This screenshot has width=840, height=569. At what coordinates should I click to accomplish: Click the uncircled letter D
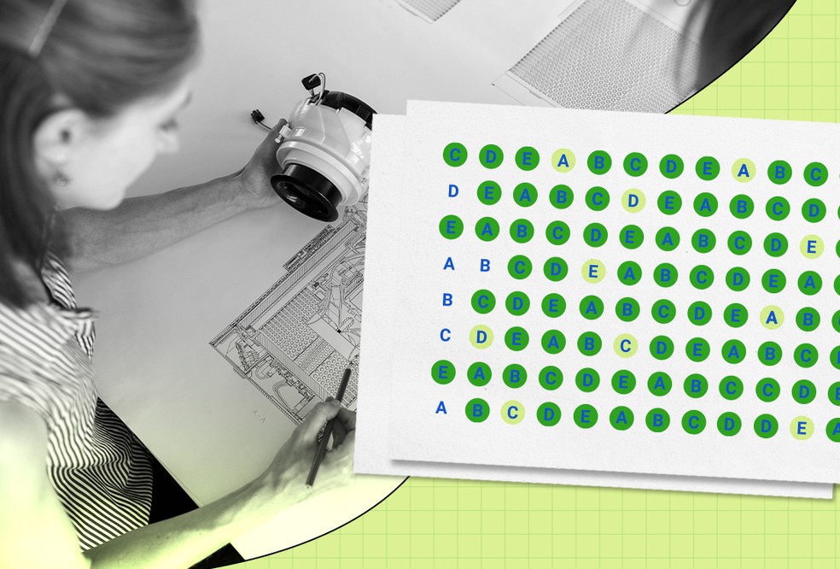coord(453,191)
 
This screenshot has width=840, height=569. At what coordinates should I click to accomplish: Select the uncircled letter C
coord(445,335)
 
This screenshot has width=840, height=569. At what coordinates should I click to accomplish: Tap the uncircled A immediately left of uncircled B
coord(449,263)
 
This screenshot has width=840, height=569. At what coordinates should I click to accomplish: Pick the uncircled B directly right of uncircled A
coord(485,265)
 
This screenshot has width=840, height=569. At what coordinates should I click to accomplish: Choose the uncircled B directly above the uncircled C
coord(447,300)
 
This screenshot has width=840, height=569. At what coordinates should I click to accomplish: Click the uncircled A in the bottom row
coord(440,408)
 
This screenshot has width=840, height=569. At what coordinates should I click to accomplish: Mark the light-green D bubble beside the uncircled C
coord(481,337)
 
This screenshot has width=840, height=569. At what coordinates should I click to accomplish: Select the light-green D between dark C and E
coord(633,201)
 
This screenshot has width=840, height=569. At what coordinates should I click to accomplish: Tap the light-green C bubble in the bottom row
coord(513,413)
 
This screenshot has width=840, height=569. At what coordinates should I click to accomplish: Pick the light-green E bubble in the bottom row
coord(802,428)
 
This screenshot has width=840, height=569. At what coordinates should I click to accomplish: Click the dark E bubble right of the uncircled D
coord(489,192)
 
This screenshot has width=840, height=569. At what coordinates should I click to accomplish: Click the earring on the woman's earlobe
coord(61,178)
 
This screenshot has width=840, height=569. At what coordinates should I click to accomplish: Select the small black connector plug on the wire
coord(257,117)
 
